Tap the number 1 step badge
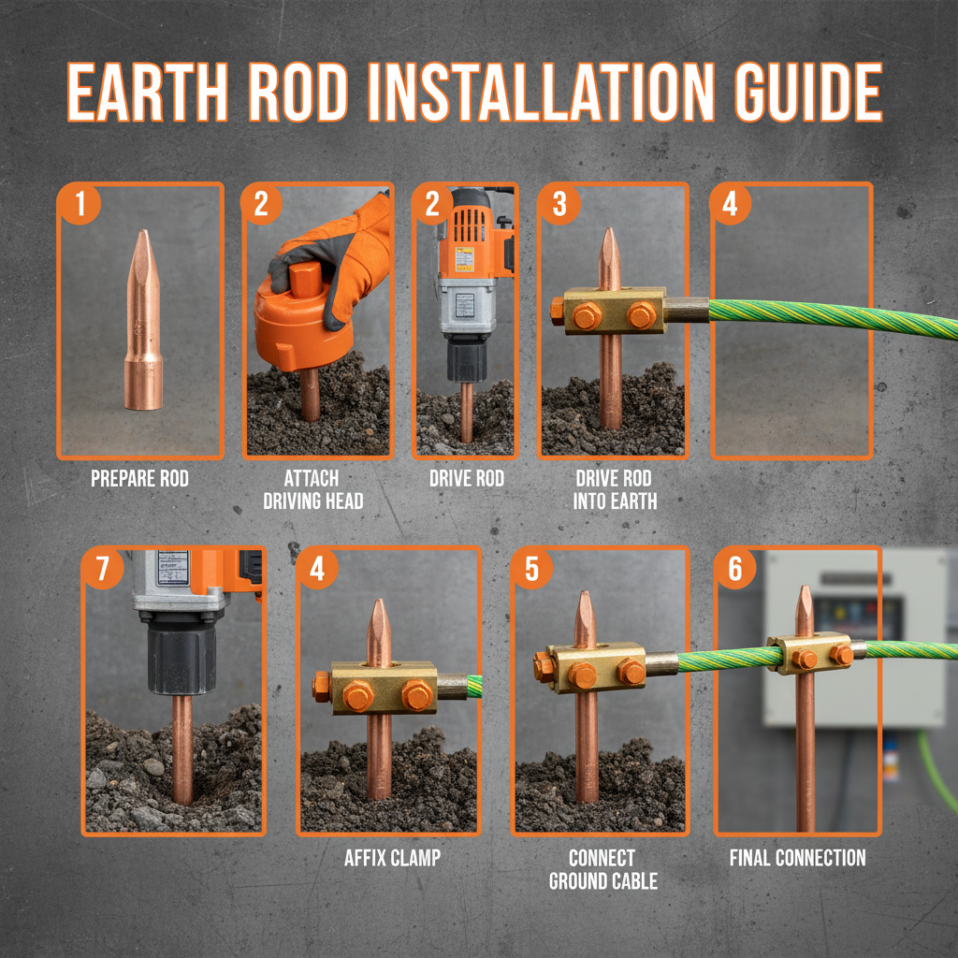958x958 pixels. coord(80,204)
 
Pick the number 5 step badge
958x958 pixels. coord(532,570)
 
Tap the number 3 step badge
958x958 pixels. coord(559,204)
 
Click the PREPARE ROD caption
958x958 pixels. coord(139,479)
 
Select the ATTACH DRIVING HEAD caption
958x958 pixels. coord(312,489)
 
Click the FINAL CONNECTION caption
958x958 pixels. coord(797,857)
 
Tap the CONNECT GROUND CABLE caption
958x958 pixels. coord(602,868)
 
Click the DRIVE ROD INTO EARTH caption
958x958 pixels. coord(615,489)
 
